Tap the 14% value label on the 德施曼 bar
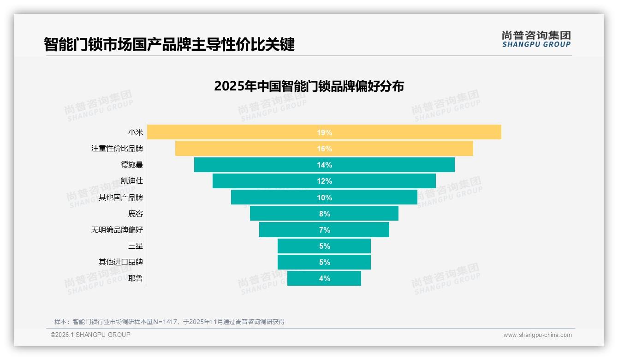click(x=324, y=165)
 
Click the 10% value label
click(x=324, y=198)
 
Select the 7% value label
click(x=324, y=230)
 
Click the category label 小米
click(x=136, y=132)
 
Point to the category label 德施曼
click(x=132, y=165)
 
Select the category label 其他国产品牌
click(x=121, y=198)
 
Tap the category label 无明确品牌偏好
click(x=117, y=230)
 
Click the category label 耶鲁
click(x=136, y=278)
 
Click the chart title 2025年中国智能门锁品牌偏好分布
click(x=309, y=86)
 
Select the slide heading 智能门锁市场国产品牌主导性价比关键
click(x=169, y=44)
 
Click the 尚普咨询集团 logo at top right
click(x=536, y=39)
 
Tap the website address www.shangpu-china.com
click(x=537, y=335)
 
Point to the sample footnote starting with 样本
click(x=169, y=322)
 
